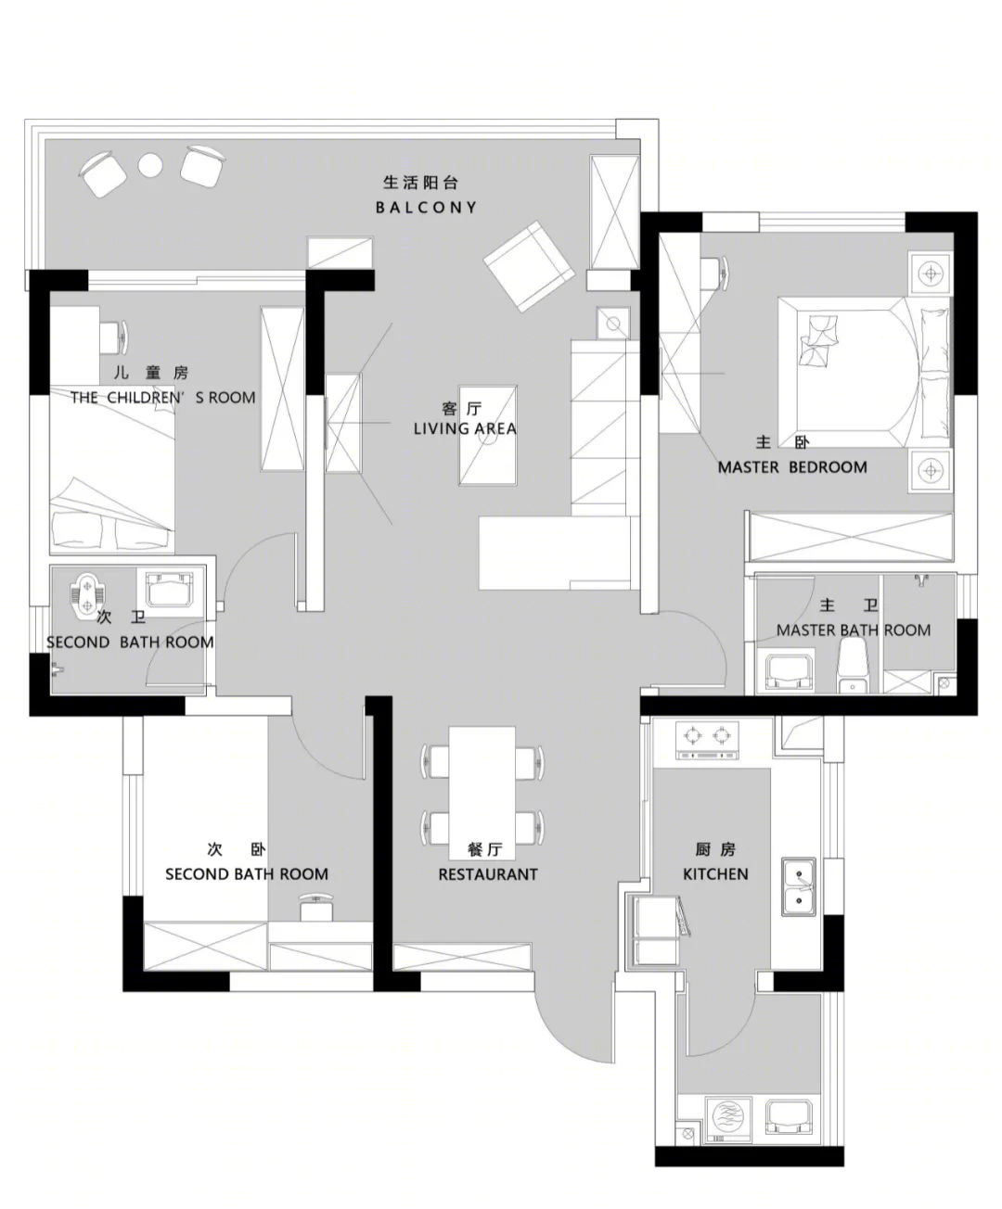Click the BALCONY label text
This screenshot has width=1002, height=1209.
(x=426, y=208)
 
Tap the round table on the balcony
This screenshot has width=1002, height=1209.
(x=150, y=166)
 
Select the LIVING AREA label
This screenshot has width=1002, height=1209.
(x=465, y=428)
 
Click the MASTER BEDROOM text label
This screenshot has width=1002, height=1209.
(x=792, y=467)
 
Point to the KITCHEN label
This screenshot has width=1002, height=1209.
(x=715, y=873)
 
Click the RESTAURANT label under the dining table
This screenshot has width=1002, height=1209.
(x=487, y=874)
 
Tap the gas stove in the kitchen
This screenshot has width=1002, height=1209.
(x=708, y=741)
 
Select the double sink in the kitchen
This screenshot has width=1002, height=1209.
(x=799, y=886)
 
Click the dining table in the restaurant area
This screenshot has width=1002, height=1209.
(x=482, y=793)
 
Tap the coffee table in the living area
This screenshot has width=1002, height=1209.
(x=487, y=435)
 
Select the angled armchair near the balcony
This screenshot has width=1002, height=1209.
(x=529, y=266)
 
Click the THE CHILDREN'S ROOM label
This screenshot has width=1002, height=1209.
(x=163, y=398)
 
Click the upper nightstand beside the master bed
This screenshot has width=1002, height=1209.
(x=931, y=273)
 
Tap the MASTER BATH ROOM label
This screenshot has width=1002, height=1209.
(x=853, y=630)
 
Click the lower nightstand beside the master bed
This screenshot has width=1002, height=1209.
(x=931, y=470)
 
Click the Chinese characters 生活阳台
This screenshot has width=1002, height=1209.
(x=420, y=183)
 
